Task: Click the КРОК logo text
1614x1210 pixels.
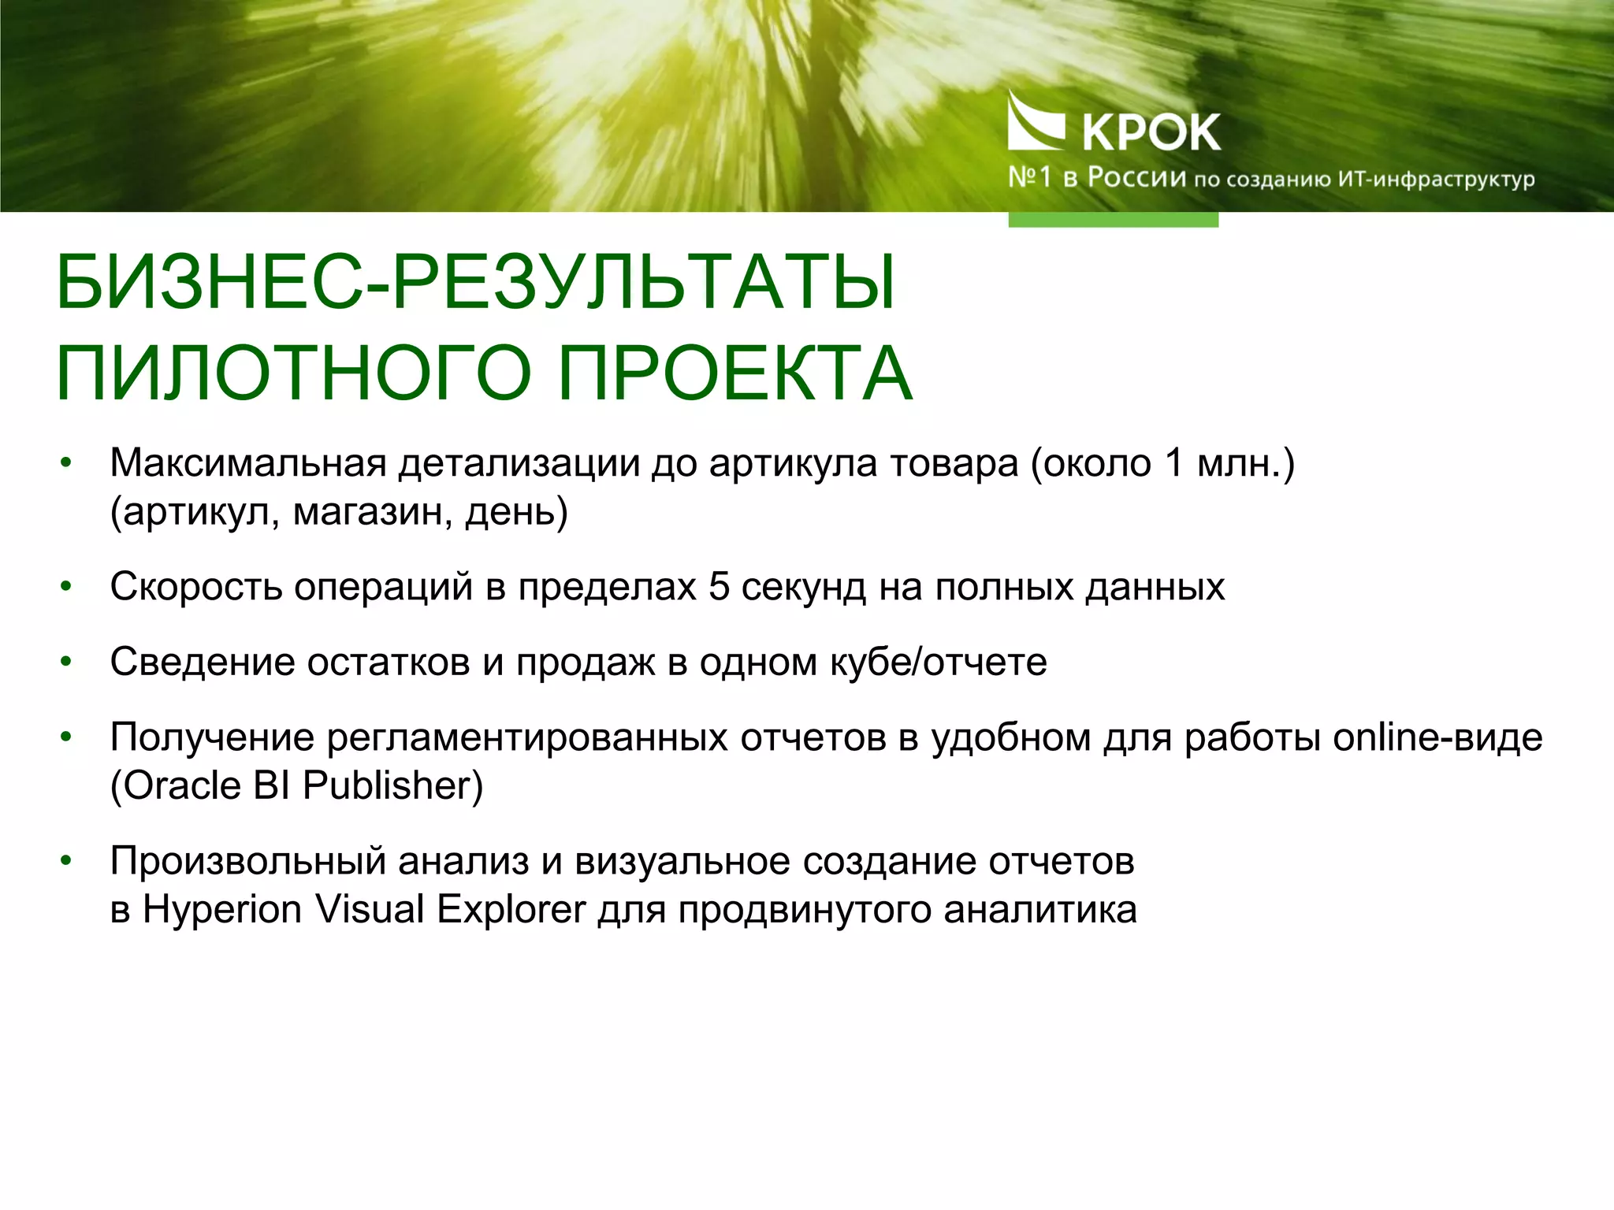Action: click(1151, 132)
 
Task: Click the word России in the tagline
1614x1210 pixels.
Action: click(1136, 177)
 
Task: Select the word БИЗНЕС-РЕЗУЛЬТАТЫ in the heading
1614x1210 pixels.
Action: click(476, 282)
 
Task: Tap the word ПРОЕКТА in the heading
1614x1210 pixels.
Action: click(734, 373)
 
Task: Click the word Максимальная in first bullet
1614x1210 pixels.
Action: click(247, 463)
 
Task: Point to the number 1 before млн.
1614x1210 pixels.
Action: click(1174, 463)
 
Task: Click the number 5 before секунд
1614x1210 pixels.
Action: click(718, 587)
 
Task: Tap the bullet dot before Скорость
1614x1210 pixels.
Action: click(66, 587)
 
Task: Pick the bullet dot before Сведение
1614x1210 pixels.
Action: click(66, 662)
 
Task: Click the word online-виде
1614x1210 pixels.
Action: click(1437, 737)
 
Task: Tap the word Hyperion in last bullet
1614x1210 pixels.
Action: click(222, 910)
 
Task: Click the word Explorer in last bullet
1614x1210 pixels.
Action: click(511, 910)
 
